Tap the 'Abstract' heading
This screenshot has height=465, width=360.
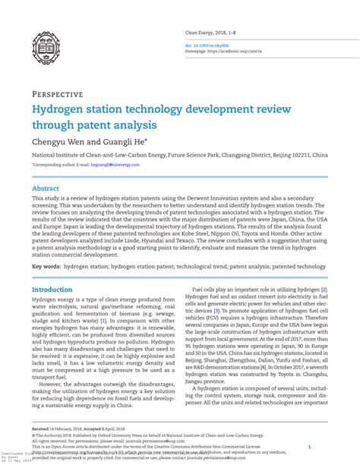tap(45, 188)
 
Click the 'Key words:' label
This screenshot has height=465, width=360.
tap(47, 267)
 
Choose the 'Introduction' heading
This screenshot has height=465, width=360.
tap(52, 290)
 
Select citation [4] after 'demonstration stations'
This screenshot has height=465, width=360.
tap(263, 367)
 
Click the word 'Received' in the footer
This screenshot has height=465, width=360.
tap(41, 429)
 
